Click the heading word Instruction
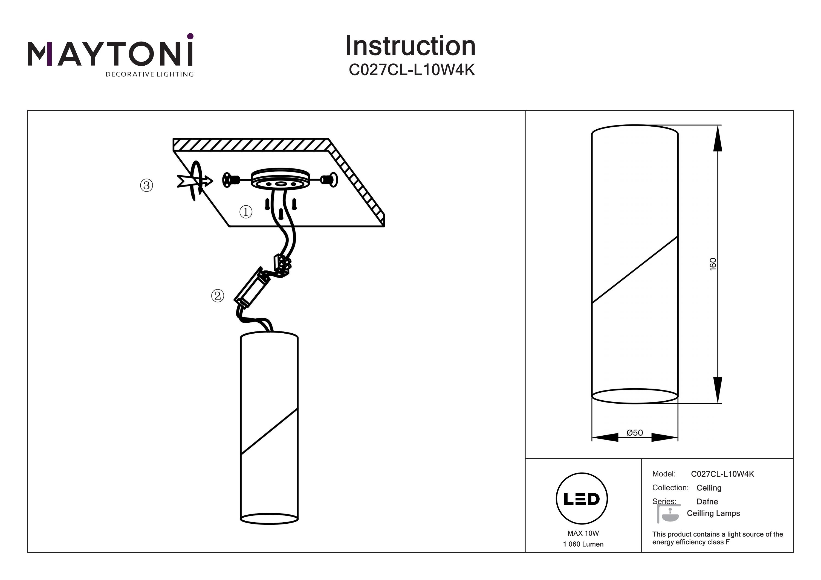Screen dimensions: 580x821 pos(410,46)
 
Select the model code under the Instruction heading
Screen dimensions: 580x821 pos(412,70)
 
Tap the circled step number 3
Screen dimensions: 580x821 pos(146,185)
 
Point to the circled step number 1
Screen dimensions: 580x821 pos(246,212)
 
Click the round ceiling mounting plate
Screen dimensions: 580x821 pos(280,178)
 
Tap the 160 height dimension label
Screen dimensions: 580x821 pos(713,264)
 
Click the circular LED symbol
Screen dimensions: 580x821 pos(582,499)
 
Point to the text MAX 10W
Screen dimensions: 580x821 pos(583,533)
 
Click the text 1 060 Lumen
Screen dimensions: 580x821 pos(583,544)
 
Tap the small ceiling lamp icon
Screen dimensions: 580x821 pos(668,514)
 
